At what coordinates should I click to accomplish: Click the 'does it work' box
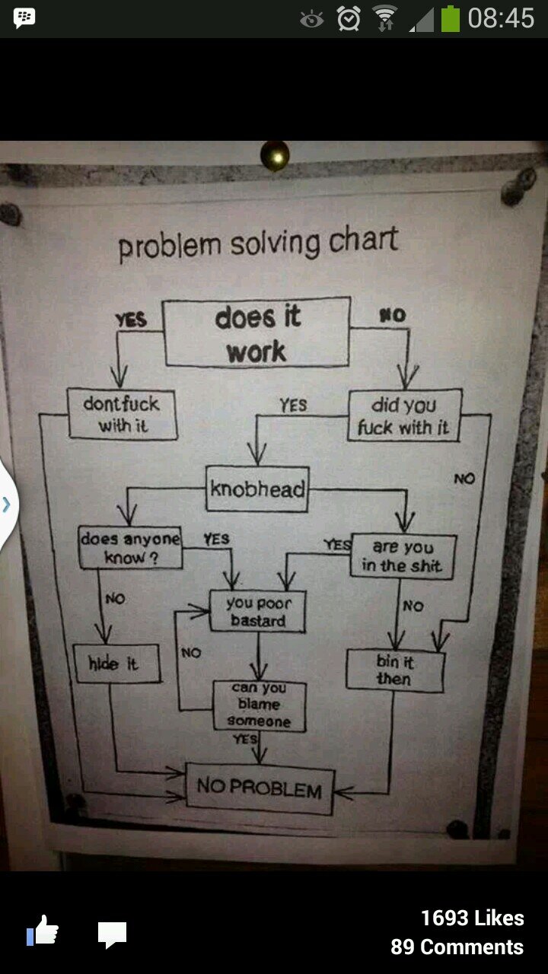(256, 333)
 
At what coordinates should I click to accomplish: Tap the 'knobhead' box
(257, 489)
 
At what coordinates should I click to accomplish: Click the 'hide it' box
(116, 664)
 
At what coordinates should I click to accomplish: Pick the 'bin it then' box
(394, 670)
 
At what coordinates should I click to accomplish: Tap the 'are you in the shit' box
(403, 556)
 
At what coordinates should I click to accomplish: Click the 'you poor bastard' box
(258, 612)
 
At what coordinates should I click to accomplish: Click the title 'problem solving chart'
(258, 243)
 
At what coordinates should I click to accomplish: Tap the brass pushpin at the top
(275, 155)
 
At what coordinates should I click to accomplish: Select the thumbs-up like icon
(43, 931)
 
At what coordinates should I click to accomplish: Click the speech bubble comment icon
(112, 934)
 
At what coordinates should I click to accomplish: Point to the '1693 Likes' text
(472, 918)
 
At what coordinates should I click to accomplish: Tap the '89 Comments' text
(457, 947)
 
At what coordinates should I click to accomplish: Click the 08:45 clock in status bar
(501, 18)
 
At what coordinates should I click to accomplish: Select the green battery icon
(450, 18)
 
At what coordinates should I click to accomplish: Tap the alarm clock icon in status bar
(349, 18)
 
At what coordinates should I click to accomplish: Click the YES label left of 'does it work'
(131, 320)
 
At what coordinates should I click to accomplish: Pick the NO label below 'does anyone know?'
(115, 599)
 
